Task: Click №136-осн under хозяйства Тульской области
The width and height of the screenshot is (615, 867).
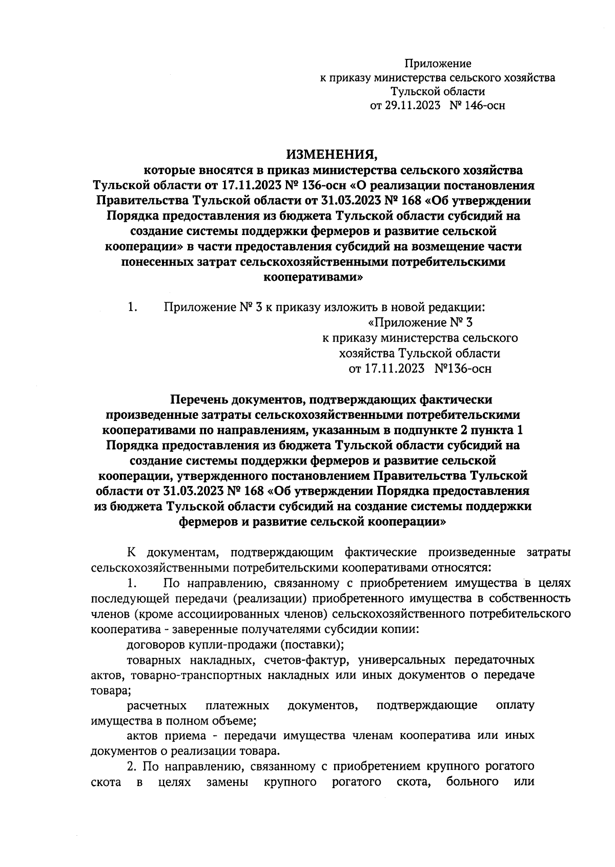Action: (x=462, y=369)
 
